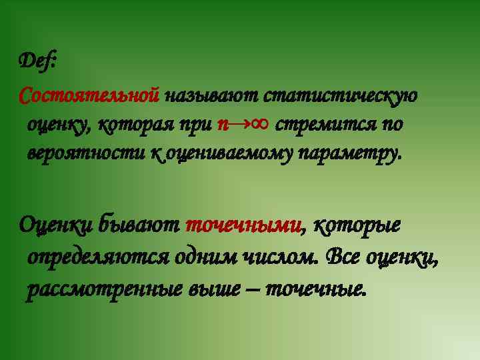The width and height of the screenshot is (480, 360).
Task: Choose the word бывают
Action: pos(139,225)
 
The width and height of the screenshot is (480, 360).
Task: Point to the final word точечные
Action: pos(317,289)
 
